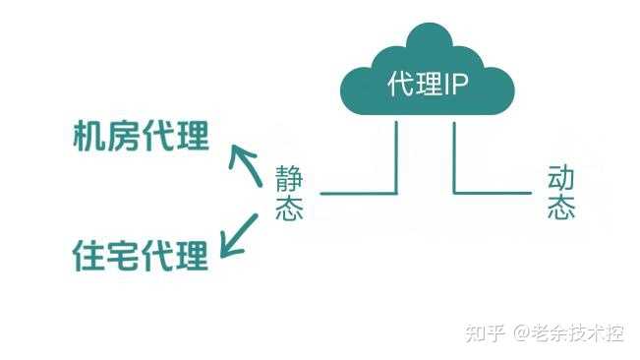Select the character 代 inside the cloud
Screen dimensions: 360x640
(x=401, y=85)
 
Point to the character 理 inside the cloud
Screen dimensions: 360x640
(x=429, y=85)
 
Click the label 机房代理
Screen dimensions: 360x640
(x=142, y=137)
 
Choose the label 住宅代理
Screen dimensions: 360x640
(x=142, y=255)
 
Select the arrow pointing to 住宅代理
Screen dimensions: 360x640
(x=239, y=235)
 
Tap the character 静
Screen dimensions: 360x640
(x=289, y=179)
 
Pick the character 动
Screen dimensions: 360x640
(x=560, y=178)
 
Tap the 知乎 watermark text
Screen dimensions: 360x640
(x=486, y=333)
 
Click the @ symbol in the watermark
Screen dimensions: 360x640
(x=522, y=334)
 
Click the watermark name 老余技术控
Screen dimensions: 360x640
(x=580, y=333)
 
